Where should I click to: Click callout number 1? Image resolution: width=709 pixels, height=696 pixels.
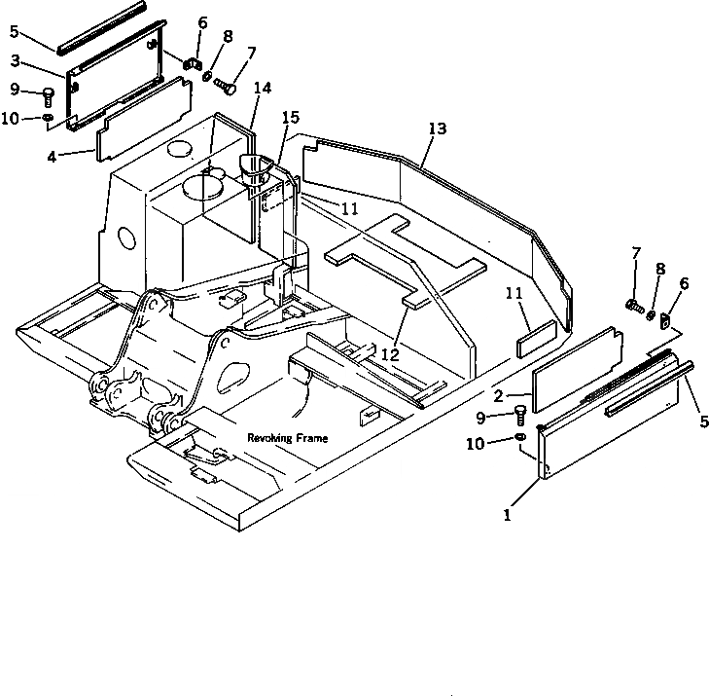click(507, 515)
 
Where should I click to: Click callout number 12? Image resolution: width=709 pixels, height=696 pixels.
click(390, 355)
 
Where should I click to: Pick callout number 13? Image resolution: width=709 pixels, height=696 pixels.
click(437, 128)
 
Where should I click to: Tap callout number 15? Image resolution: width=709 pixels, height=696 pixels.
click(290, 118)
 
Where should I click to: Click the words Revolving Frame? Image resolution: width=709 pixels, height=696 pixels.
click(287, 438)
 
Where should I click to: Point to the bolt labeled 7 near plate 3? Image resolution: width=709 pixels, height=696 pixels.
click(230, 90)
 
